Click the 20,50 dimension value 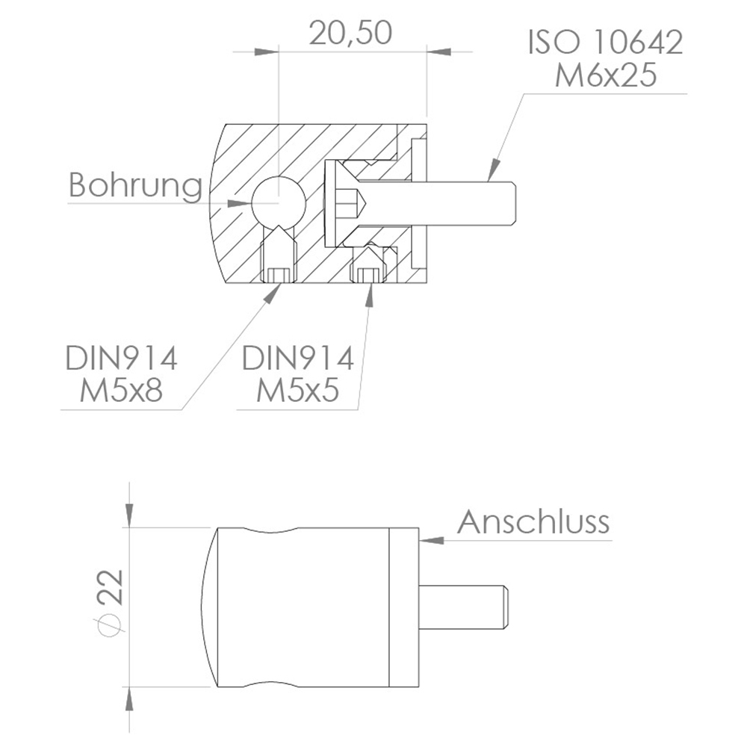(x=350, y=34)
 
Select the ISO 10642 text (x=605, y=43)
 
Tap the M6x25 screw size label (x=605, y=75)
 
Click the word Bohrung (x=135, y=186)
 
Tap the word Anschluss (x=533, y=521)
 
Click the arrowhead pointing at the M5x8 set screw (x=271, y=292)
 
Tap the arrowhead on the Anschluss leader (x=430, y=539)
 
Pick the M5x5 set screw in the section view (x=367, y=266)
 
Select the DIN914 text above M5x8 (x=121, y=359)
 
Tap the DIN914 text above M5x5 (x=297, y=359)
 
